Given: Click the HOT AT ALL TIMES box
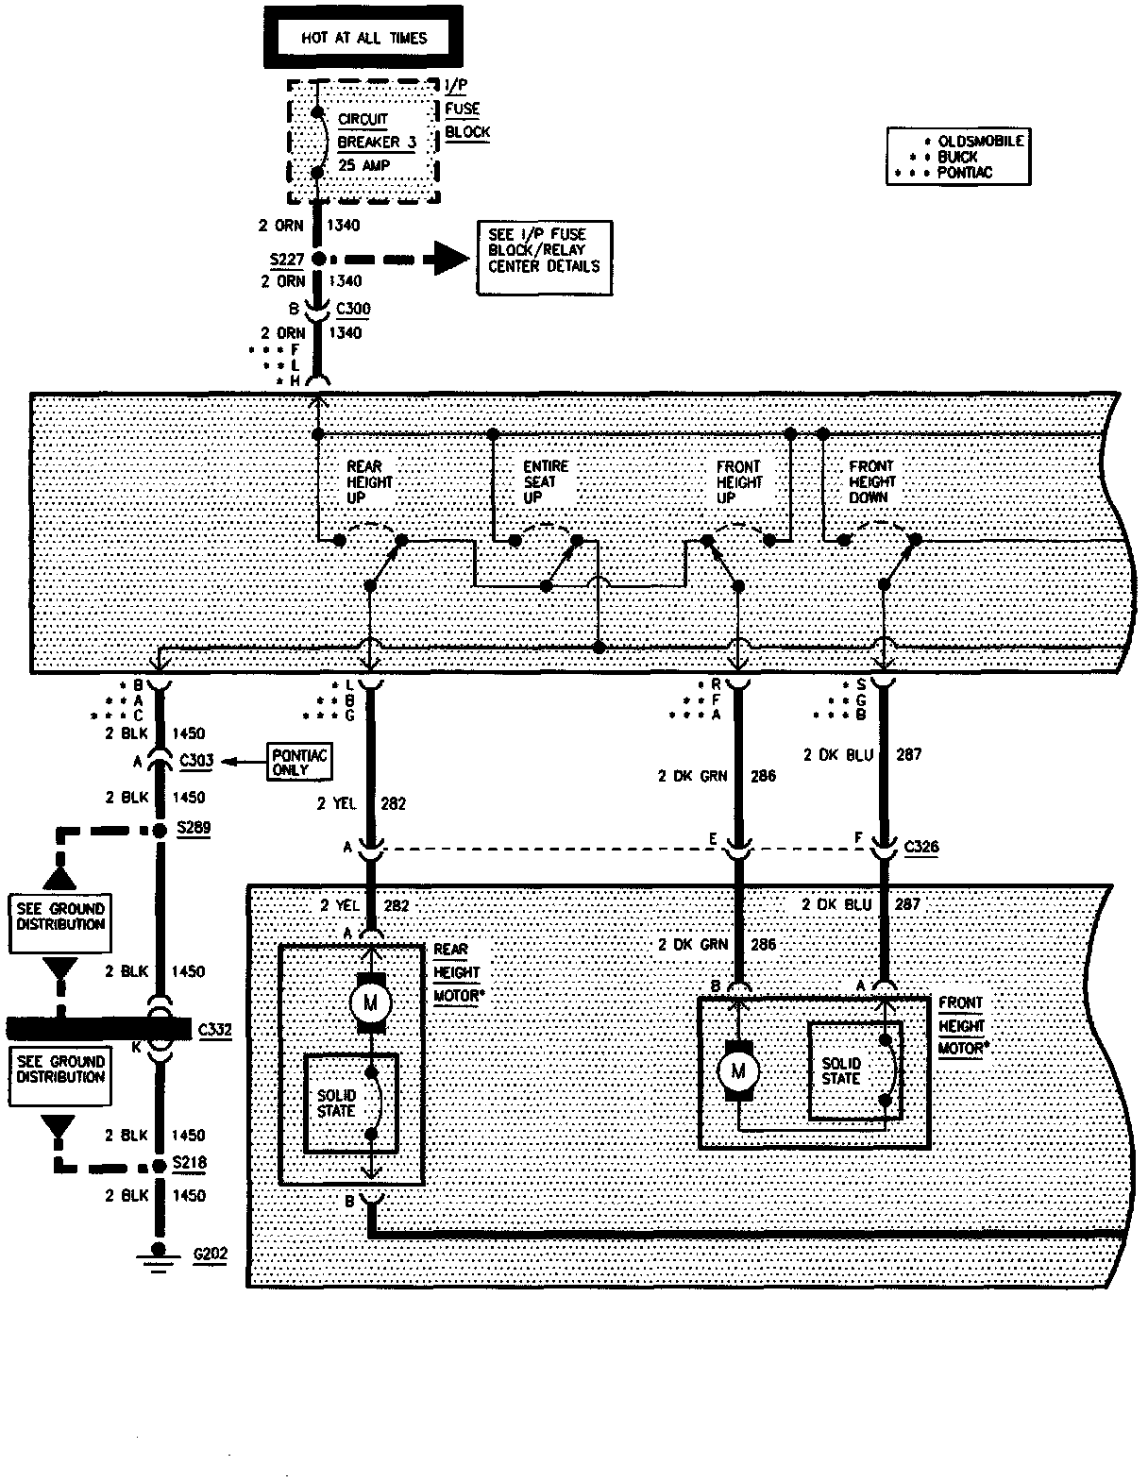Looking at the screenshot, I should click(x=363, y=38).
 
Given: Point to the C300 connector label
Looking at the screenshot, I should click(x=354, y=309).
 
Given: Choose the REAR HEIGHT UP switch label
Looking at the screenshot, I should click(x=369, y=481).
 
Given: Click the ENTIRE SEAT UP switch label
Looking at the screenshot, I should click(x=546, y=481).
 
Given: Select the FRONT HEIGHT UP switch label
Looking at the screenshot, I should click(x=738, y=481).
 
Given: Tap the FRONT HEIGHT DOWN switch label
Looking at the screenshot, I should click(x=871, y=481).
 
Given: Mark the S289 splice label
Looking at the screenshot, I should click(x=194, y=828).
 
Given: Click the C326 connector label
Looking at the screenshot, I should click(x=920, y=846).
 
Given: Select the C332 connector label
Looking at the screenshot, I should click(x=215, y=1029).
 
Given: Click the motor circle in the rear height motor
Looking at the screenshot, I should click(x=369, y=1001).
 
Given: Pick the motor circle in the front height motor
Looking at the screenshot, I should click(x=737, y=1070).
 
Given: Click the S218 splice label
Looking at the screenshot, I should click(x=189, y=1164).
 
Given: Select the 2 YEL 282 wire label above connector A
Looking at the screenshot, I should click(x=363, y=803).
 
